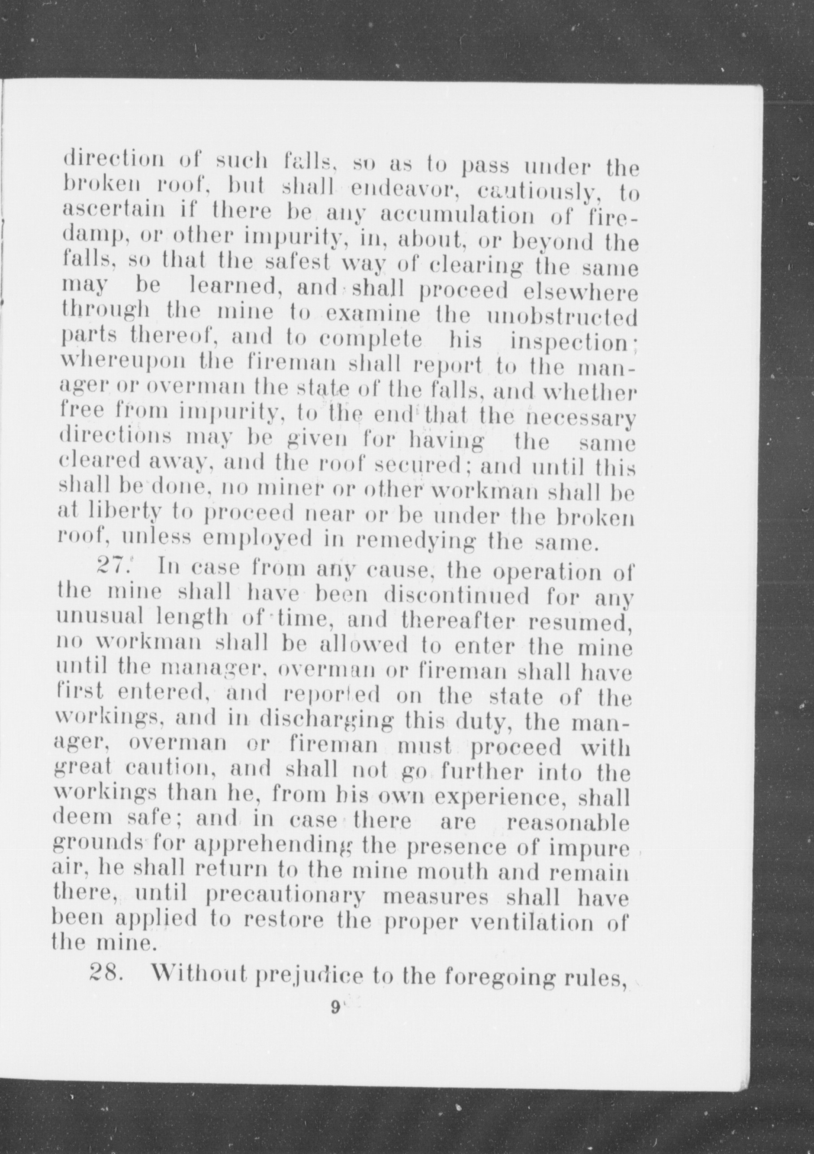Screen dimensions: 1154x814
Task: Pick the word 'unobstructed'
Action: click(562, 317)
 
